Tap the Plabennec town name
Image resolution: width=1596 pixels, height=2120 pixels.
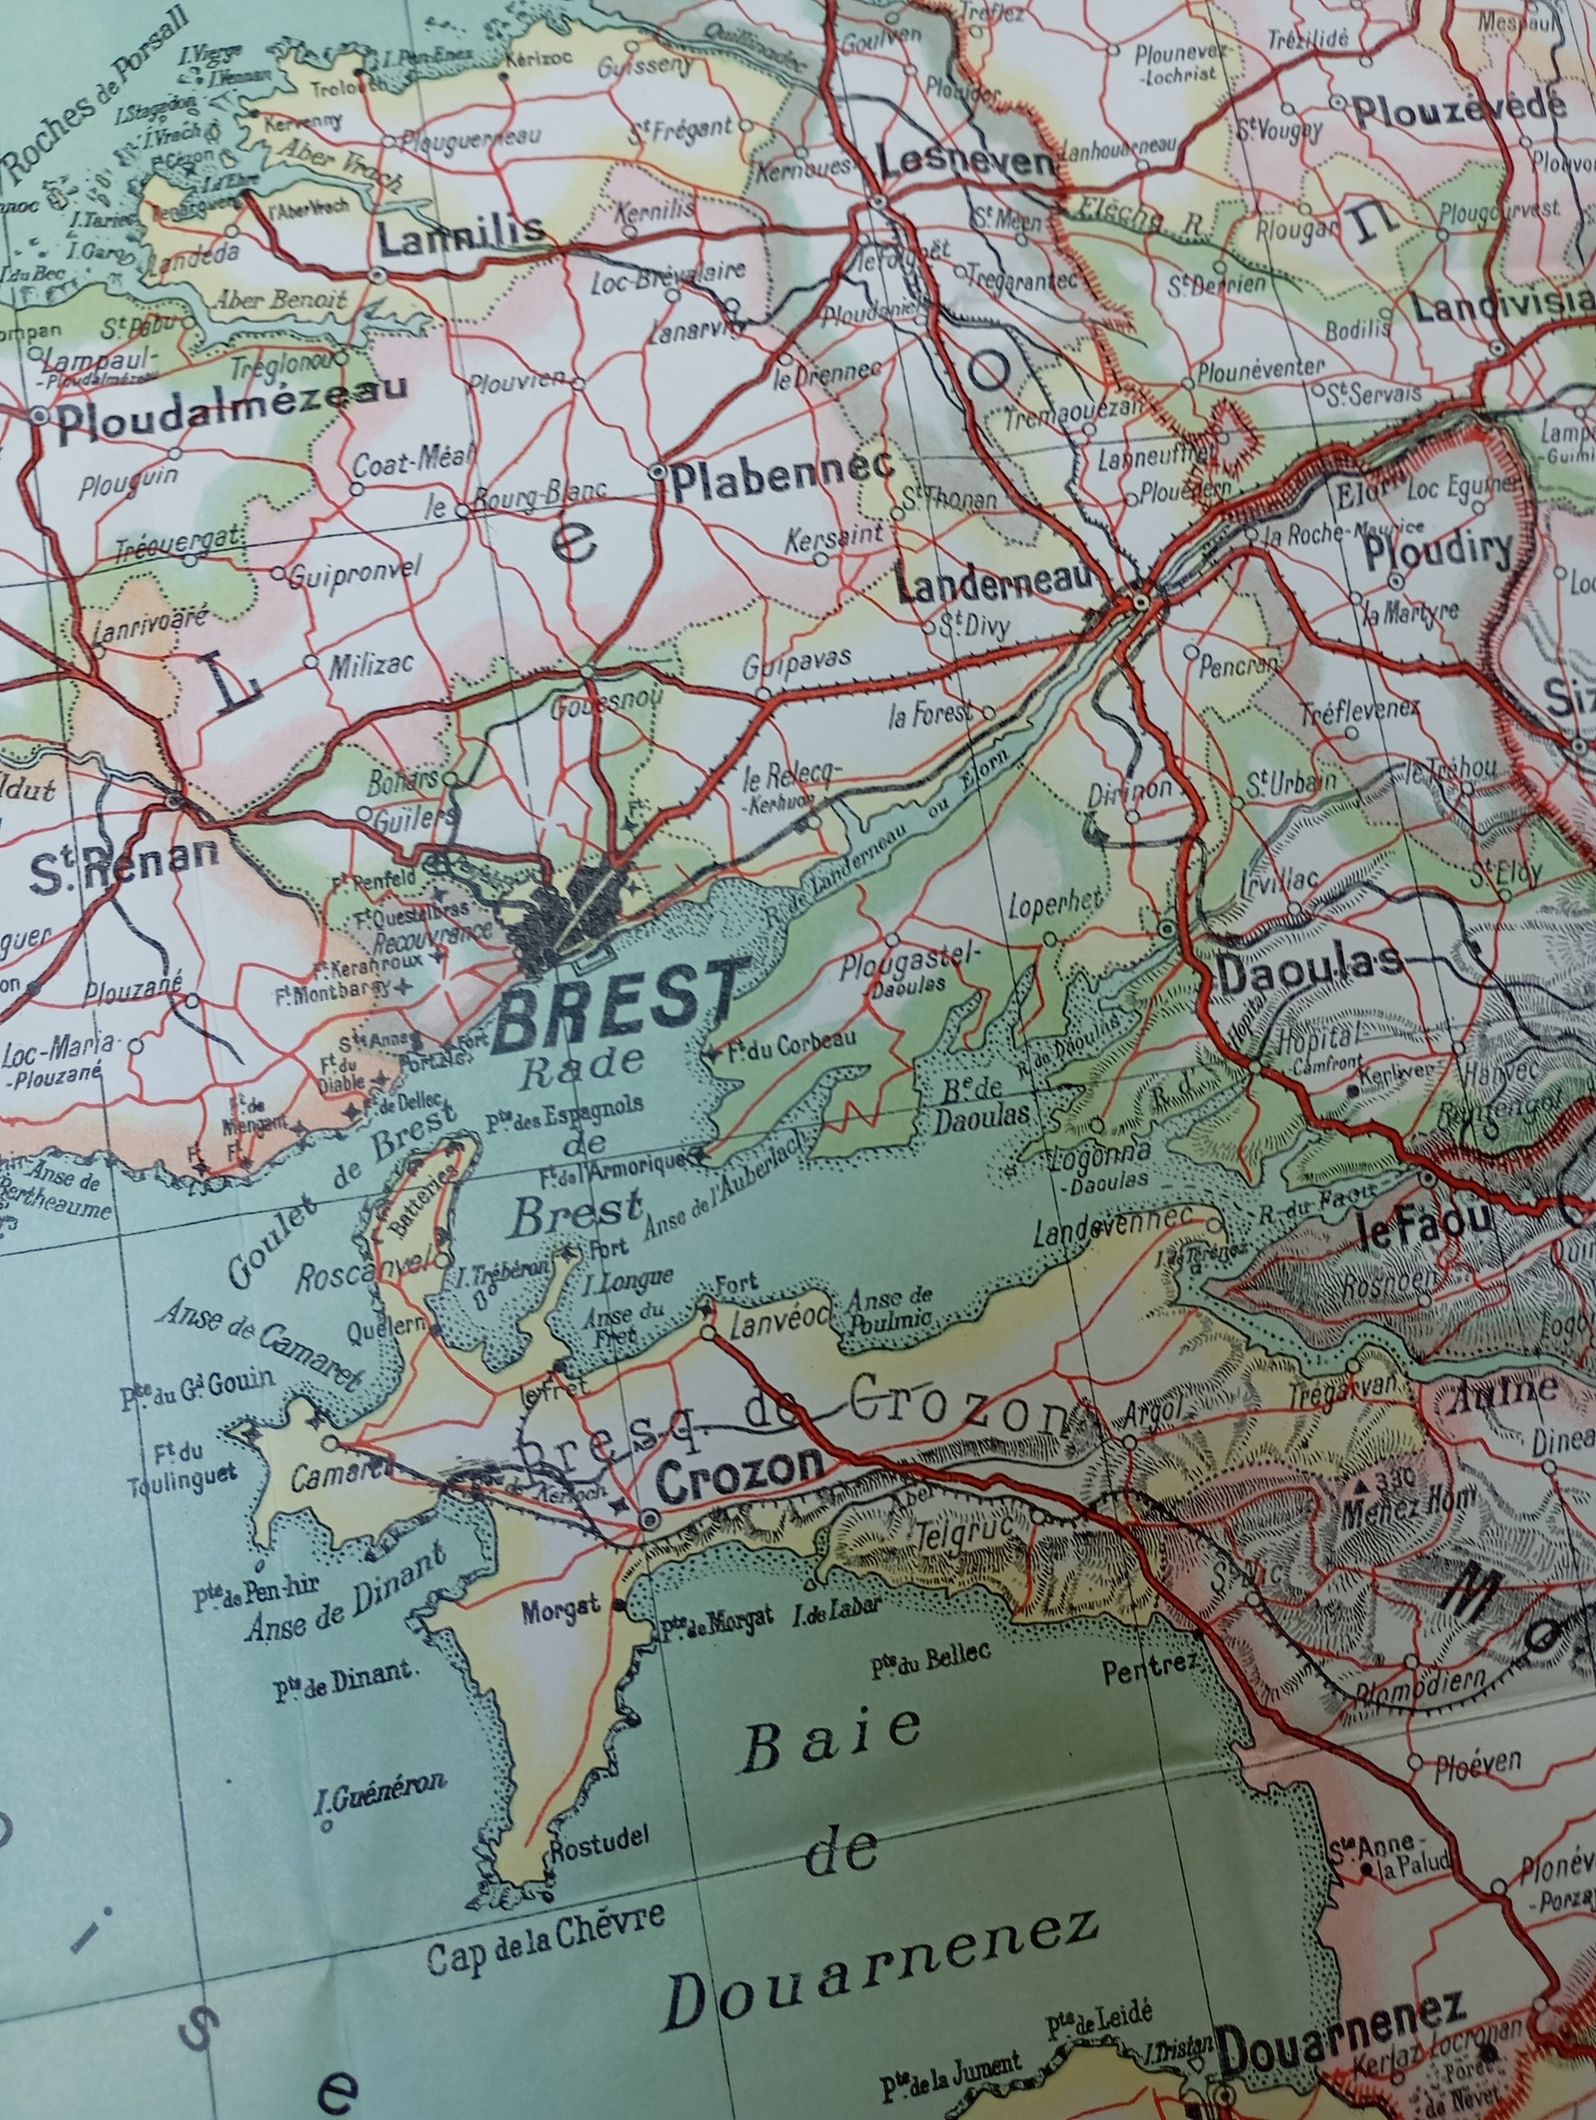[782, 471]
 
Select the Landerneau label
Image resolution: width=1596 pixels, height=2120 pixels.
[995, 581]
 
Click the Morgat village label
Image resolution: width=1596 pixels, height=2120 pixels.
[562, 1609]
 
